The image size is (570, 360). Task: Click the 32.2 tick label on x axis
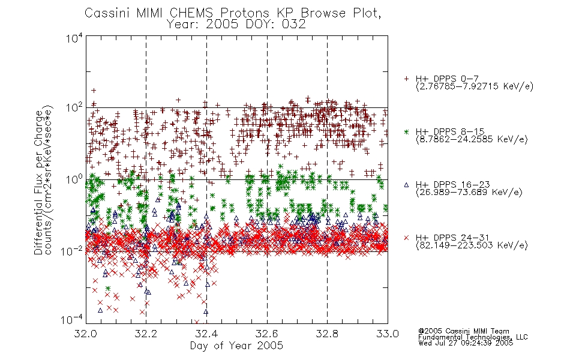[x=146, y=334]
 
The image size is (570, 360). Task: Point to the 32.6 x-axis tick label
[x=267, y=334]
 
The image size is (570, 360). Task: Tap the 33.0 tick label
[x=388, y=334]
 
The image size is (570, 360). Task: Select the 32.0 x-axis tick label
[x=85, y=334]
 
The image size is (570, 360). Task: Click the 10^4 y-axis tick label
[x=74, y=38]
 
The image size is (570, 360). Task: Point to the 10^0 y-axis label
[x=74, y=179]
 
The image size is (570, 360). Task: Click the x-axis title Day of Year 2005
[x=236, y=346]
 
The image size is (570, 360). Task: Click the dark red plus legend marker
[x=406, y=79]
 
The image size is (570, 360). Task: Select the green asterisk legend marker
[x=406, y=131]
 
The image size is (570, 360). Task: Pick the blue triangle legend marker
[x=406, y=185]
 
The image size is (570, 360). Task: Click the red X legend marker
[x=406, y=238]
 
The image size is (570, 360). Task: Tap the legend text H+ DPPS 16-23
[x=453, y=184]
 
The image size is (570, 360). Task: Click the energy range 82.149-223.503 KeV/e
[x=472, y=245]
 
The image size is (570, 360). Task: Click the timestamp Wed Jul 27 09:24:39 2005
[x=466, y=343]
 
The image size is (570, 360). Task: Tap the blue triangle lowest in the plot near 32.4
[x=206, y=312]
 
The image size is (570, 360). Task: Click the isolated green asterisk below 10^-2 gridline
[x=108, y=289]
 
